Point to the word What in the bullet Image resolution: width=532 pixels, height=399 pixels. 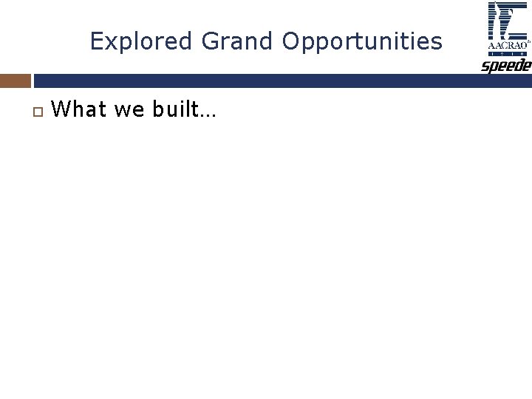tap(79, 110)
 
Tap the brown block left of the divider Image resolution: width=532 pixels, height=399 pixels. tap(16, 81)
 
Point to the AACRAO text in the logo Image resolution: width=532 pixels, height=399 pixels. tap(507, 45)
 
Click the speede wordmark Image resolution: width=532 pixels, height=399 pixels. tap(507, 66)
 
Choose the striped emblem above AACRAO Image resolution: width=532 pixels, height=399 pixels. tap(507, 21)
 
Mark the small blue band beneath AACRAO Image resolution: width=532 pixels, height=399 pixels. tap(507, 54)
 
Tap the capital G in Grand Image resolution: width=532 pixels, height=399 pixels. tap(210, 41)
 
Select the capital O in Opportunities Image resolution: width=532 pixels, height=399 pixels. tap(290, 41)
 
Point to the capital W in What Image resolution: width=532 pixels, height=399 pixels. tap(62, 110)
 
